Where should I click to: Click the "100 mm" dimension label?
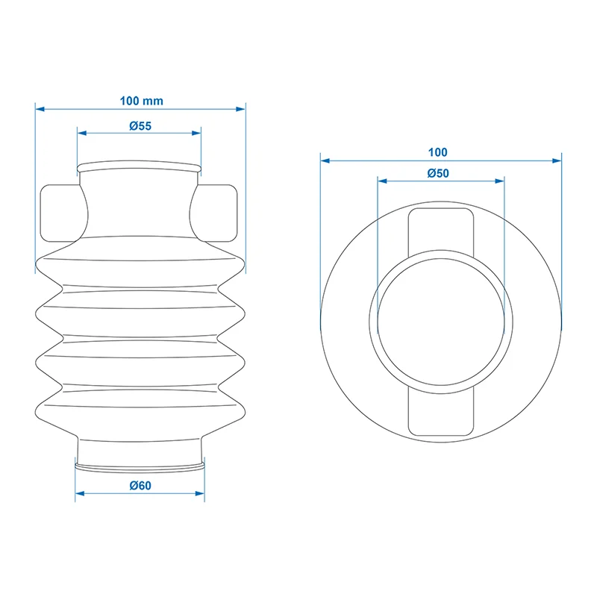(141, 101)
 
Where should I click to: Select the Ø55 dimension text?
(140, 125)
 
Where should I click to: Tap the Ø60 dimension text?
(140, 486)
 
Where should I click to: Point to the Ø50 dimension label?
(438, 173)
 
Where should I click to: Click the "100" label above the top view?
(437, 152)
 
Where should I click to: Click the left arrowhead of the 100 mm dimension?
(40, 109)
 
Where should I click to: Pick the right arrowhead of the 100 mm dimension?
(240, 109)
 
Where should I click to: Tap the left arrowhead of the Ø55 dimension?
(82, 133)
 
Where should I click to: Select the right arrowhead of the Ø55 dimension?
(196, 133)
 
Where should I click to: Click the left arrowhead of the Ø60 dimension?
(80, 493)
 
